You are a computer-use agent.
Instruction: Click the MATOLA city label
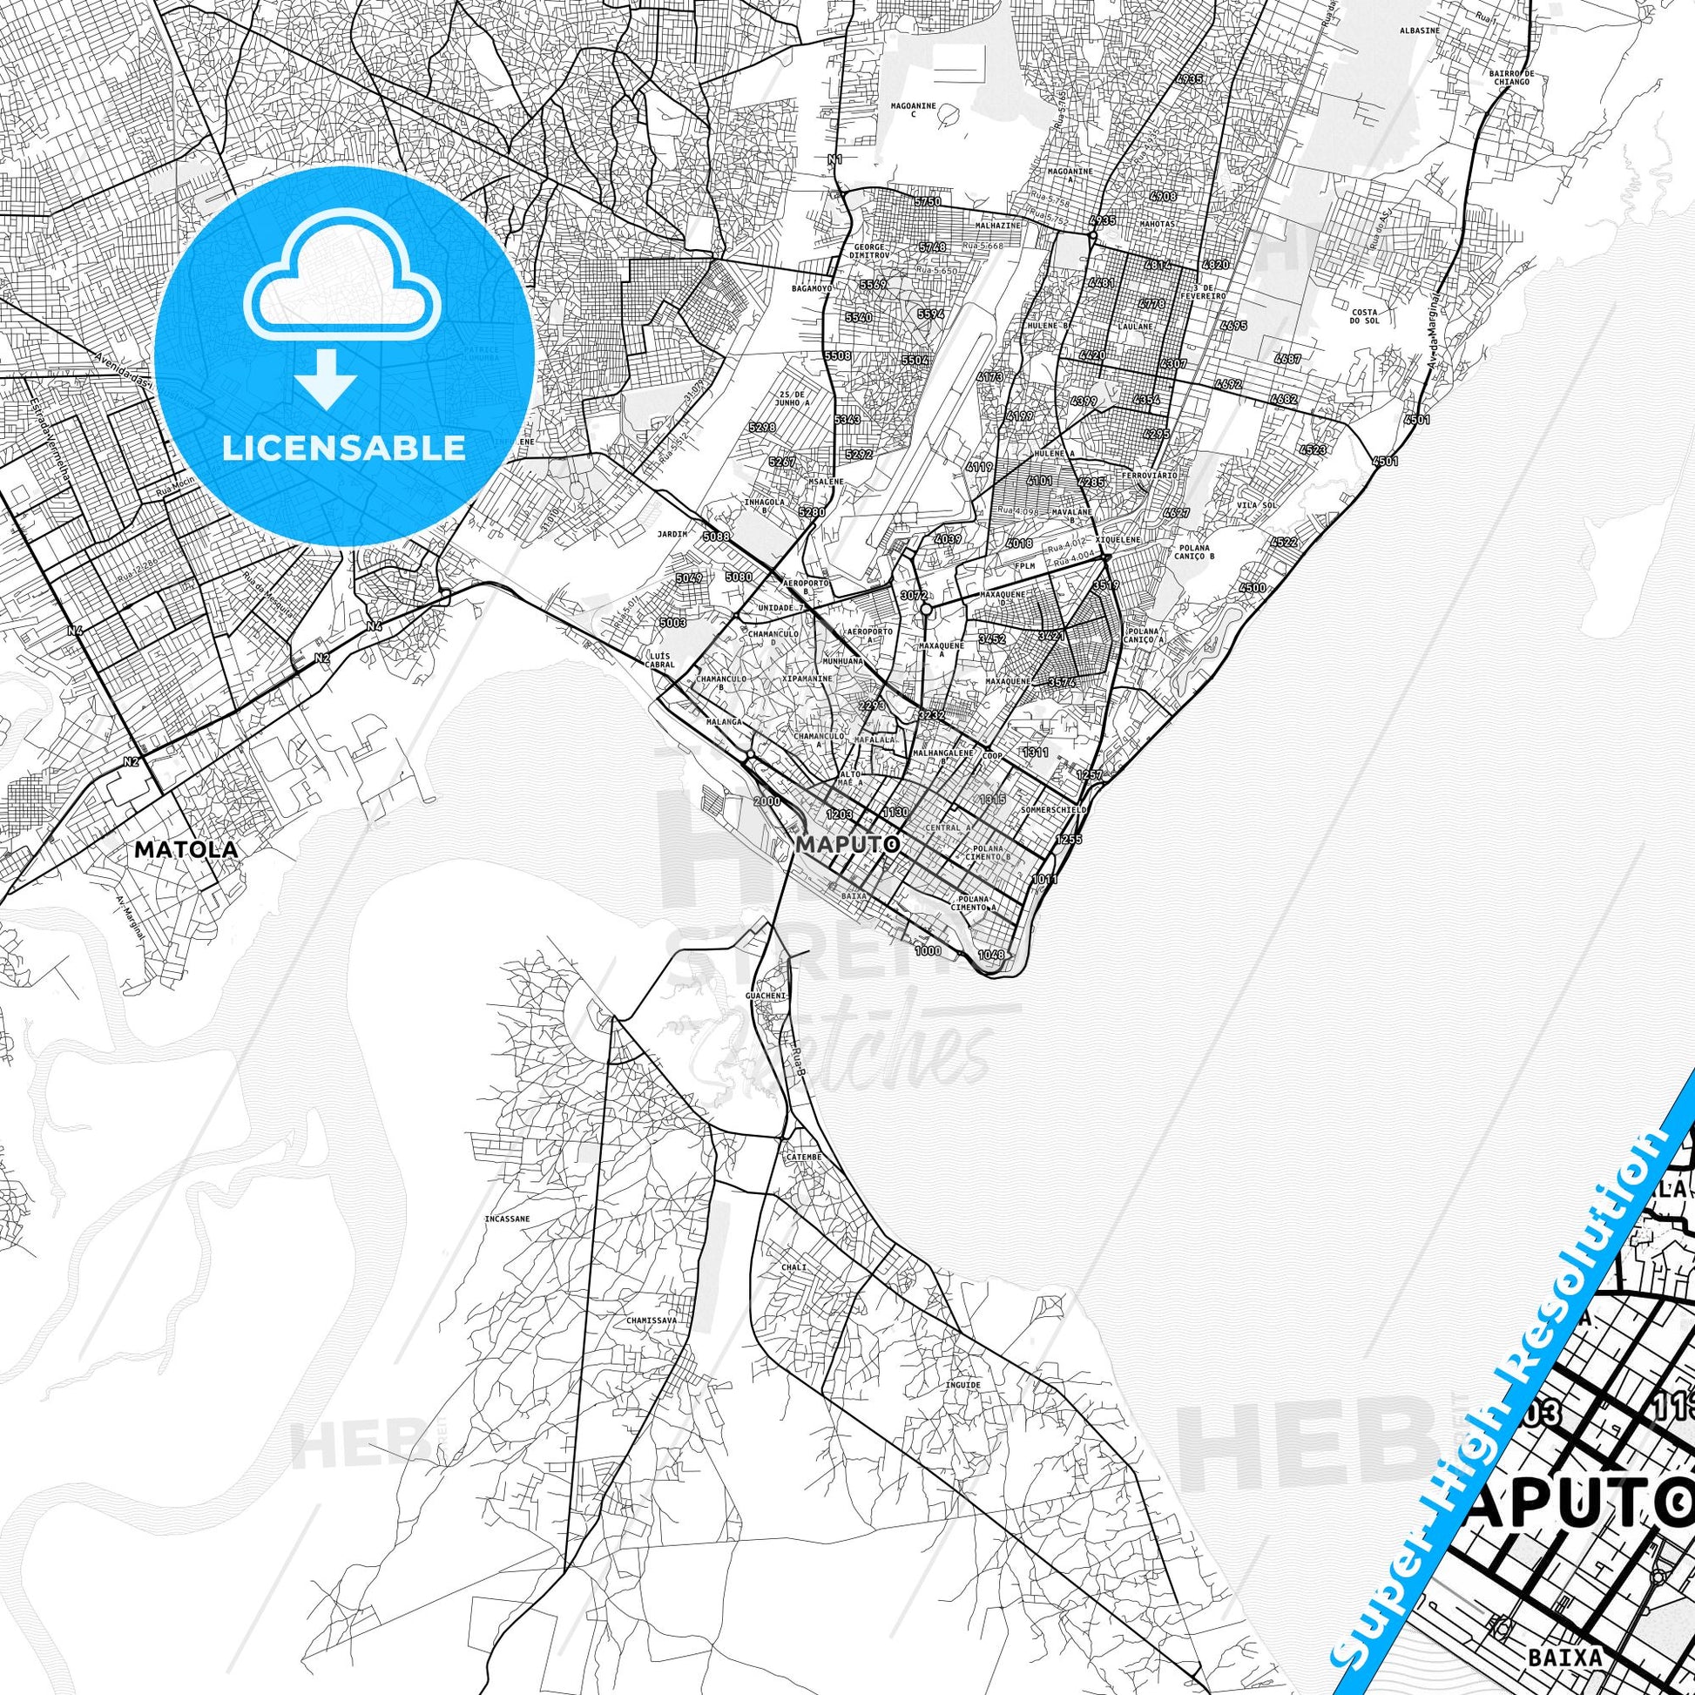tap(186, 849)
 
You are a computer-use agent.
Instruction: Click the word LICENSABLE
tap(344, 448)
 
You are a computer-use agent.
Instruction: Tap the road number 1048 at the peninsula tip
tap(991, 954)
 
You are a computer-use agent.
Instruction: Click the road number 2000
tap(766, 801)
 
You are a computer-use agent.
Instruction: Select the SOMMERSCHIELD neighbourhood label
tap(1055, 810)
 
